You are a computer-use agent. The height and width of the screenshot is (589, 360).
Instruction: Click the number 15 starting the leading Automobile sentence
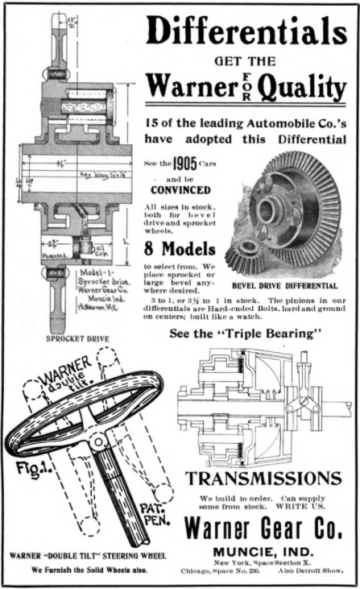pyautogui.click(x=155, y=124)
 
